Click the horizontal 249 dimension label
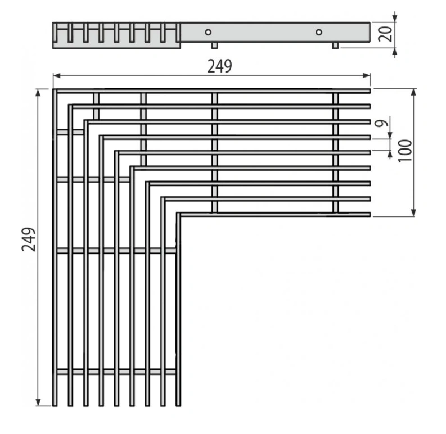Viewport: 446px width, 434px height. tap(219, 66)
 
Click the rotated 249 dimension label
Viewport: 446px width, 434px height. tap(29, 239)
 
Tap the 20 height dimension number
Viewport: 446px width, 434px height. tap(385, 34)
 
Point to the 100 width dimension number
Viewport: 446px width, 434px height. tap(405, 151)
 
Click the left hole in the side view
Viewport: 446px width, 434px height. tap(208, 32)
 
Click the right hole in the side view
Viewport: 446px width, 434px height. tap(319, 32)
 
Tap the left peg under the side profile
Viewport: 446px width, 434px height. tap(214, 45)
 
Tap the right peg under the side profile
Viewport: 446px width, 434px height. tap(336, 45)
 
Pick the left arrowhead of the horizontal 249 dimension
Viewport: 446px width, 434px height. tap(57, 75)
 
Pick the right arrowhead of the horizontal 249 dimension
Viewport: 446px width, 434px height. tap(367, 75)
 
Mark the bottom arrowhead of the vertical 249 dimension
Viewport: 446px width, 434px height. tap(38, 403)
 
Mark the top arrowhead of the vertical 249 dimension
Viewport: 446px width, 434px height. tap(38, 92)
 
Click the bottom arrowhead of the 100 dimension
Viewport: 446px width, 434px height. tap(414, 213)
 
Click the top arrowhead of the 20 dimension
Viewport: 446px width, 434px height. tap(394, 18)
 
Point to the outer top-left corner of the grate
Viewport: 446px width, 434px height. tap(53, 89)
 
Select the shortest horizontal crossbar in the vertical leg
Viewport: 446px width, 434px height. tap(70, 132)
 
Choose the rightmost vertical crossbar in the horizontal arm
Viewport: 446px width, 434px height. tap(336, 153)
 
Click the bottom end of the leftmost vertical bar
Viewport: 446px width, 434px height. tap(55, 405)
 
